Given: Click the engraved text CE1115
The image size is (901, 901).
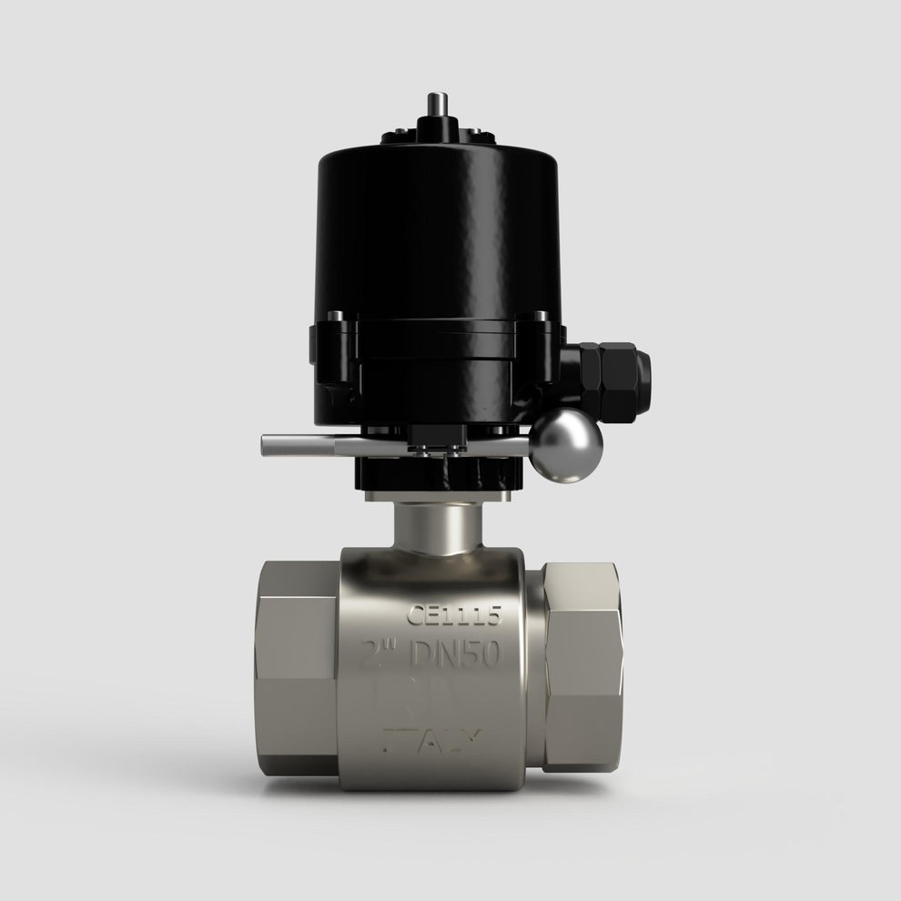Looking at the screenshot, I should coord(453,616).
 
